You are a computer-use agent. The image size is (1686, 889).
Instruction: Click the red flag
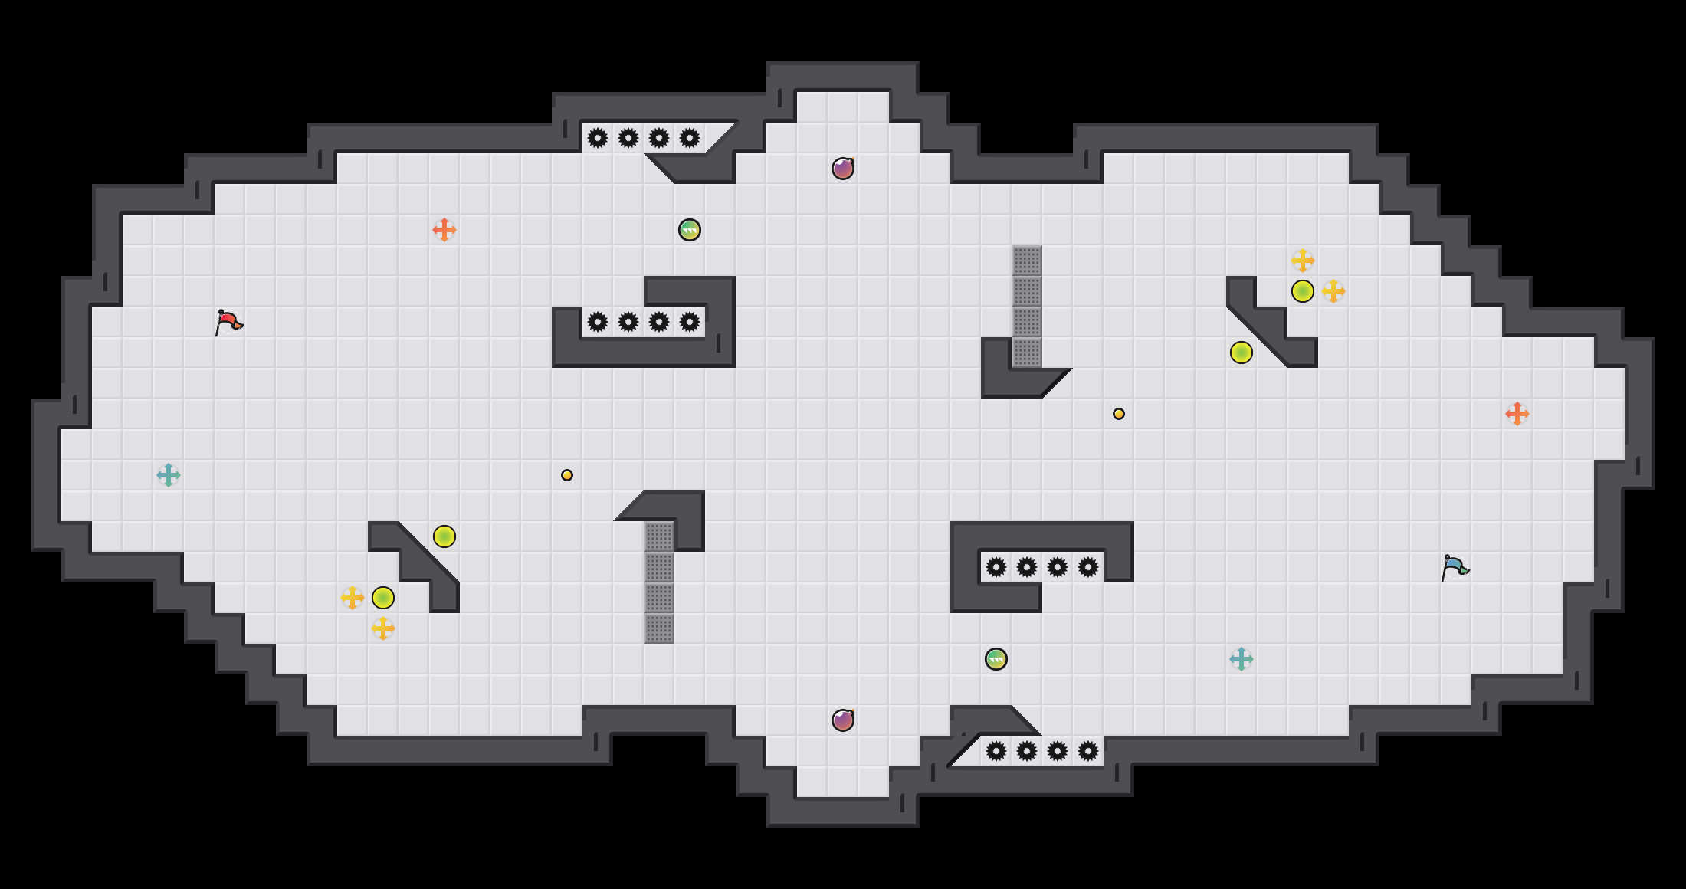click(228, 323)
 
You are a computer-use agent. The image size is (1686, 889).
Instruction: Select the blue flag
click(1455, 568)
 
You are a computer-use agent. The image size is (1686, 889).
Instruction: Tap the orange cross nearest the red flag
click(444, 230)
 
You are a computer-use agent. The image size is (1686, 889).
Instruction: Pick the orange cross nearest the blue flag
click(1517, 414)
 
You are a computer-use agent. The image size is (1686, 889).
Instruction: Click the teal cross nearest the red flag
click(169, 475)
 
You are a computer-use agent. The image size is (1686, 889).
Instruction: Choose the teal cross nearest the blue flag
click(1242, 659)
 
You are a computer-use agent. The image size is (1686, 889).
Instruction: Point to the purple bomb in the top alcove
click(843, 169)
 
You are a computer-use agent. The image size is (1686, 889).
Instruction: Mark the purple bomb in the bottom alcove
click(843, 720)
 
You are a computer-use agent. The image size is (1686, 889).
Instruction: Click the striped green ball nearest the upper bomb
click(690, 230)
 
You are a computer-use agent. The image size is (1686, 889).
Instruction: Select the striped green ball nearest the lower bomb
click(996, 659)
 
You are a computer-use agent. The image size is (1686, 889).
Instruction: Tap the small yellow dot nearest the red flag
click(567, 475)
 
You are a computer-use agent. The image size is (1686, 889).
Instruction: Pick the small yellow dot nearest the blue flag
click(1119, 414)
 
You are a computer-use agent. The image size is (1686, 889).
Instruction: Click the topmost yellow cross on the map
click(1303, 261)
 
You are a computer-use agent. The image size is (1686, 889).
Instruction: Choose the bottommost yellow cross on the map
click(383, 628)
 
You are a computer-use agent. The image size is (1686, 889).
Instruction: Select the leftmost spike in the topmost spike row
click(598, 138)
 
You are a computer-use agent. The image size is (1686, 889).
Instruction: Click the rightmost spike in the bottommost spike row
click(1088, 751)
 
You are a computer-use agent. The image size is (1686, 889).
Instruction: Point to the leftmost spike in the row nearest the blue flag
click(996, 567)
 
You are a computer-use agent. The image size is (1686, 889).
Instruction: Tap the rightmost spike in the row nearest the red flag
click(690, 322)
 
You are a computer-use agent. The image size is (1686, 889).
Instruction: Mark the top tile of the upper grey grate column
click(1027, 261)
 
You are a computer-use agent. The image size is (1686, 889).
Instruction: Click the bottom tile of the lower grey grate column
click(659, 628)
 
